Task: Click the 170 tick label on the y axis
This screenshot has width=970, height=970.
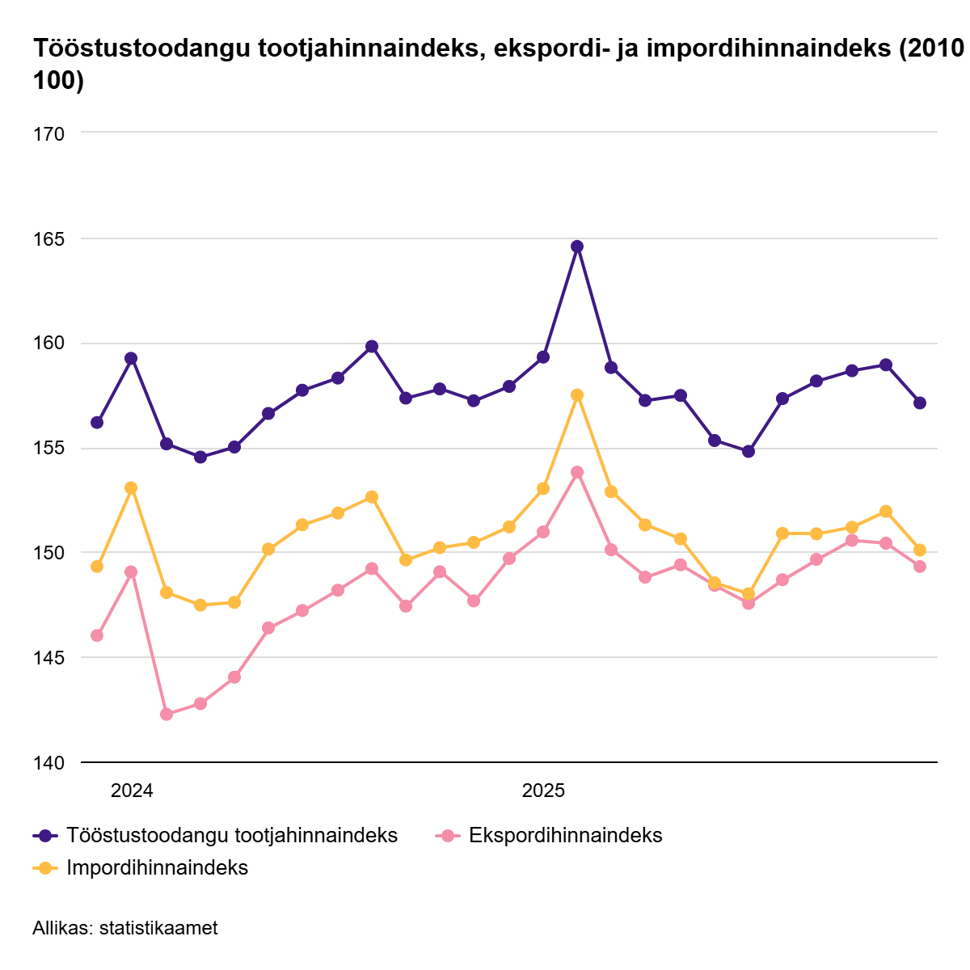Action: click(x=48, y=133)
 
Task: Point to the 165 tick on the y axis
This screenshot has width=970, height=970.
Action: click(x=48, y=238)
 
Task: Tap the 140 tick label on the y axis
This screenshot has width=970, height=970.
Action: click(x=48, y=762)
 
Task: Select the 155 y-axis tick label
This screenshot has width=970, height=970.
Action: click(x=48, y=449)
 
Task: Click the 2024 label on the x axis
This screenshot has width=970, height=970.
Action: click(x=132, y=791)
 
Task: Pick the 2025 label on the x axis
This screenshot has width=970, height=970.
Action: click(x=543, y=791)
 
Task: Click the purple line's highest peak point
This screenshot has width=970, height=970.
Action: click(x=577, y=247)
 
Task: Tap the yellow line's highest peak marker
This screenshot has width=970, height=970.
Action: click(x=577, y=395)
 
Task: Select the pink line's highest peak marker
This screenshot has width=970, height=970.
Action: click(x=577, y=472)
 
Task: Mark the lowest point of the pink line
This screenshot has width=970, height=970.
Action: click(x=167, y=715)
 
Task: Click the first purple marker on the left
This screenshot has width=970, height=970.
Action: click(x=97, y=423)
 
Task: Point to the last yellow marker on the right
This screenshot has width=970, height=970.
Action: click(x=920, y=550)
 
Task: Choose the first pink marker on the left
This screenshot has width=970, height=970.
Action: click(x=97, y=635)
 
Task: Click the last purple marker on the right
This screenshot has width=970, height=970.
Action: click(x=920, y=403)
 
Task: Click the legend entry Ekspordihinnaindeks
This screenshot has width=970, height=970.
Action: click(x=565, y=836)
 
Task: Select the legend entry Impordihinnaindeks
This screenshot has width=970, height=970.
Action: click(x=157, y=868)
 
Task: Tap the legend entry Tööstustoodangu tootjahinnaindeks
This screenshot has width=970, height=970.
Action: click(x=232, y=836)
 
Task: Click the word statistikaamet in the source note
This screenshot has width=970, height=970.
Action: click(x=158, y=928)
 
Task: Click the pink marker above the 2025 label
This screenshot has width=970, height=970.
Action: click(x=543, y=532)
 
